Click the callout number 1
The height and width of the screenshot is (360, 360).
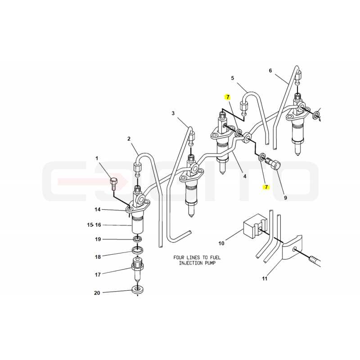tap(97, 158)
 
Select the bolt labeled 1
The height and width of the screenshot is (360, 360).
tap(113, 184)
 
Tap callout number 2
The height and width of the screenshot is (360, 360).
tap(129, 139)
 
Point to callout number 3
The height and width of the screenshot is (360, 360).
tap(173, 113)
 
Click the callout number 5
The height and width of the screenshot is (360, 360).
tap(233, 78)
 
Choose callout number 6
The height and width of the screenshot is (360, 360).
tap(270, 71)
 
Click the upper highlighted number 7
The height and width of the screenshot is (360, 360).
tap(228, 97)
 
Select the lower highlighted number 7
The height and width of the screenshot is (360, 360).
tap(266, 187)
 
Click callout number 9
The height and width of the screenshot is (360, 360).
tap(285, 198)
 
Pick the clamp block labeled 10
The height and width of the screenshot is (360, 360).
tap(255, 226)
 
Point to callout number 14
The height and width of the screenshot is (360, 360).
tap(98, 209)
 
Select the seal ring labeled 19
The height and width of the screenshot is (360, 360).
tap(138, 239)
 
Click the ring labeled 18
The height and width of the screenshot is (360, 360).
tap(138, 250)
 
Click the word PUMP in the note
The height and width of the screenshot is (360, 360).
tap(210, 263)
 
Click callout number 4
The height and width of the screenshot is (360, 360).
tap(245, 176)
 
